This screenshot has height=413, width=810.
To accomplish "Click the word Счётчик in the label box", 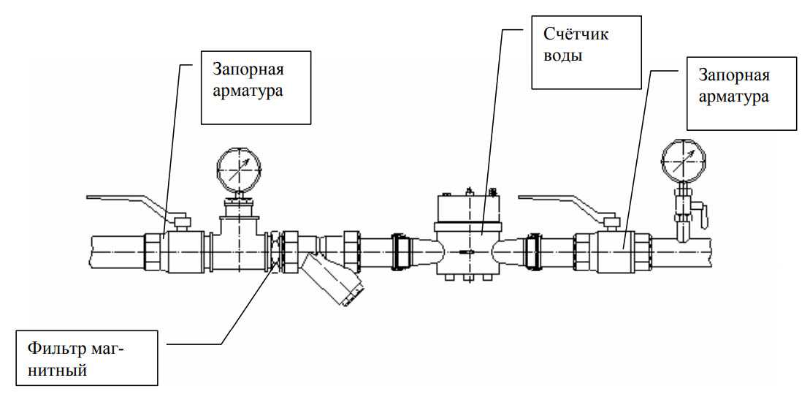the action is [576, 34].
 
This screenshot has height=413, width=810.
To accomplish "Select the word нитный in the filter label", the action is [57, 370].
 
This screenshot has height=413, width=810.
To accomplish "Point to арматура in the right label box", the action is [733, 96].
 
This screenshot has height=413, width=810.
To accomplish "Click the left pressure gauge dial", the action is [240, 170].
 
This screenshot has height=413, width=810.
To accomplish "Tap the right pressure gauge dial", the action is [683, 160].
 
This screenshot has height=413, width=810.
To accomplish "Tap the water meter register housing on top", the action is [468, 208].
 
